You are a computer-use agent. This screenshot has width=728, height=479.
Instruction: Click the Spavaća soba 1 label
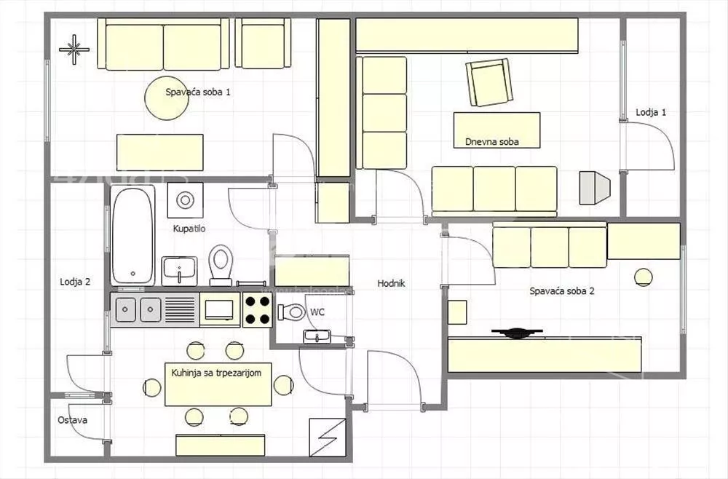pyautogui.click(x=198, y=92)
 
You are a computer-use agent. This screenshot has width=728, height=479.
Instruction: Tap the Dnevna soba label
pyautogui.click(x=491, y=141)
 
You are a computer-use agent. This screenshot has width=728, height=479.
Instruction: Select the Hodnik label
pyautogui.click(x=391, y=283)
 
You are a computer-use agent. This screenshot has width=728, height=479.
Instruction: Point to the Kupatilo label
pyautogui.click(x=189, y=229)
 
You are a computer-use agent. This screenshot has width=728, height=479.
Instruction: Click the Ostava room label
pyautogui.click(x=72, y=420)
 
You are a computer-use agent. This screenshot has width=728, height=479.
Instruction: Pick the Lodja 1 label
pyautogui.click(x=650, y=112)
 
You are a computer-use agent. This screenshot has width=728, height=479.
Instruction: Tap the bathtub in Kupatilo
pyautogui.click(x=132, y=235)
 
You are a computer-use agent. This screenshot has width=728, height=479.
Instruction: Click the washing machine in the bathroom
pyautogui.click(x=185, y=200)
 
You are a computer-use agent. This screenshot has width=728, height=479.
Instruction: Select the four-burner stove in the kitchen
pyautogui.click(x=257, y=309)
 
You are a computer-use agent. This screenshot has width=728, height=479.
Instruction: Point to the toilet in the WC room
pyautogui.click(x=292, y=312)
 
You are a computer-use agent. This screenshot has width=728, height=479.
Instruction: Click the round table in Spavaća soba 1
pyautogui.click(x=167, y=98)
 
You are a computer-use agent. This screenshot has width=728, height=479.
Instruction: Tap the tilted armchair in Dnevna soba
pyautogui.click(x=489, y=82)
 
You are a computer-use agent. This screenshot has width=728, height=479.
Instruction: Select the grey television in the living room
pyautogui.click(x=594, y=188)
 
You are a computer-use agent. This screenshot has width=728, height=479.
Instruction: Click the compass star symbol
pyautogui.click(x=74, y=50)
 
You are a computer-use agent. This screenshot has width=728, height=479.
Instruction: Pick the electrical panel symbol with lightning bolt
pyautogui.click(x=328, y=438)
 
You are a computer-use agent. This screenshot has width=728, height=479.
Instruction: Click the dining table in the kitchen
pyautogui.click(x=218, y=384)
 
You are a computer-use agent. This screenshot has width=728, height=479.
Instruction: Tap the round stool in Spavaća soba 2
pyautogui.click(x=643, y=277)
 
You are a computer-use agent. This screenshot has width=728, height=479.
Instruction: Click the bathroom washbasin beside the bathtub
pyautogui.click(x=179, y=271)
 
